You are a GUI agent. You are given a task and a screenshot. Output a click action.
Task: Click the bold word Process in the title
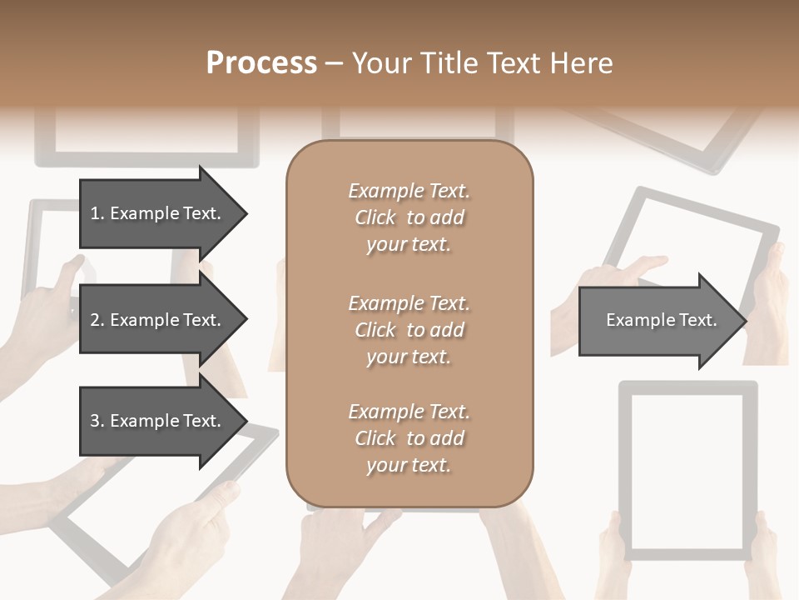[x=261, y=62]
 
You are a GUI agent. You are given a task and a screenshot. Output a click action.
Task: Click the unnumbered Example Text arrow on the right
[x=661, y=320]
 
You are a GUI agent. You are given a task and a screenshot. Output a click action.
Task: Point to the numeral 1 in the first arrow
[x=95, y=213]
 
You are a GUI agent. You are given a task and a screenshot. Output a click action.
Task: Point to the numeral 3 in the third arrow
[x=95, y=421]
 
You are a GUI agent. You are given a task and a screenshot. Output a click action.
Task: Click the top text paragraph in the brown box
[x=409, y=217]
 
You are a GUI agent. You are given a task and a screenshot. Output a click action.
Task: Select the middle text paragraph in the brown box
[x=409, y=329]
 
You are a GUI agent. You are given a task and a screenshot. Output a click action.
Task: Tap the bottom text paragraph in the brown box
[x=409, y=438]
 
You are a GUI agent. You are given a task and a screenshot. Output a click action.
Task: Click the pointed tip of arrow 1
[x=246, y=213]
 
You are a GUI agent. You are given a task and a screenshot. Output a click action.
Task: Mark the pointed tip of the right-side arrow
[x=745, y=321]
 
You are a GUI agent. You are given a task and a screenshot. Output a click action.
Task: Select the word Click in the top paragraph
[x=375, y=217]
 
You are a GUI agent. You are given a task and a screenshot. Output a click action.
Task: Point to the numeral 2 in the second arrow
[x=95, y=320]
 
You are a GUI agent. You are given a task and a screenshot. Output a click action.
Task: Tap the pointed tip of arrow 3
[x=246, y=421]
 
